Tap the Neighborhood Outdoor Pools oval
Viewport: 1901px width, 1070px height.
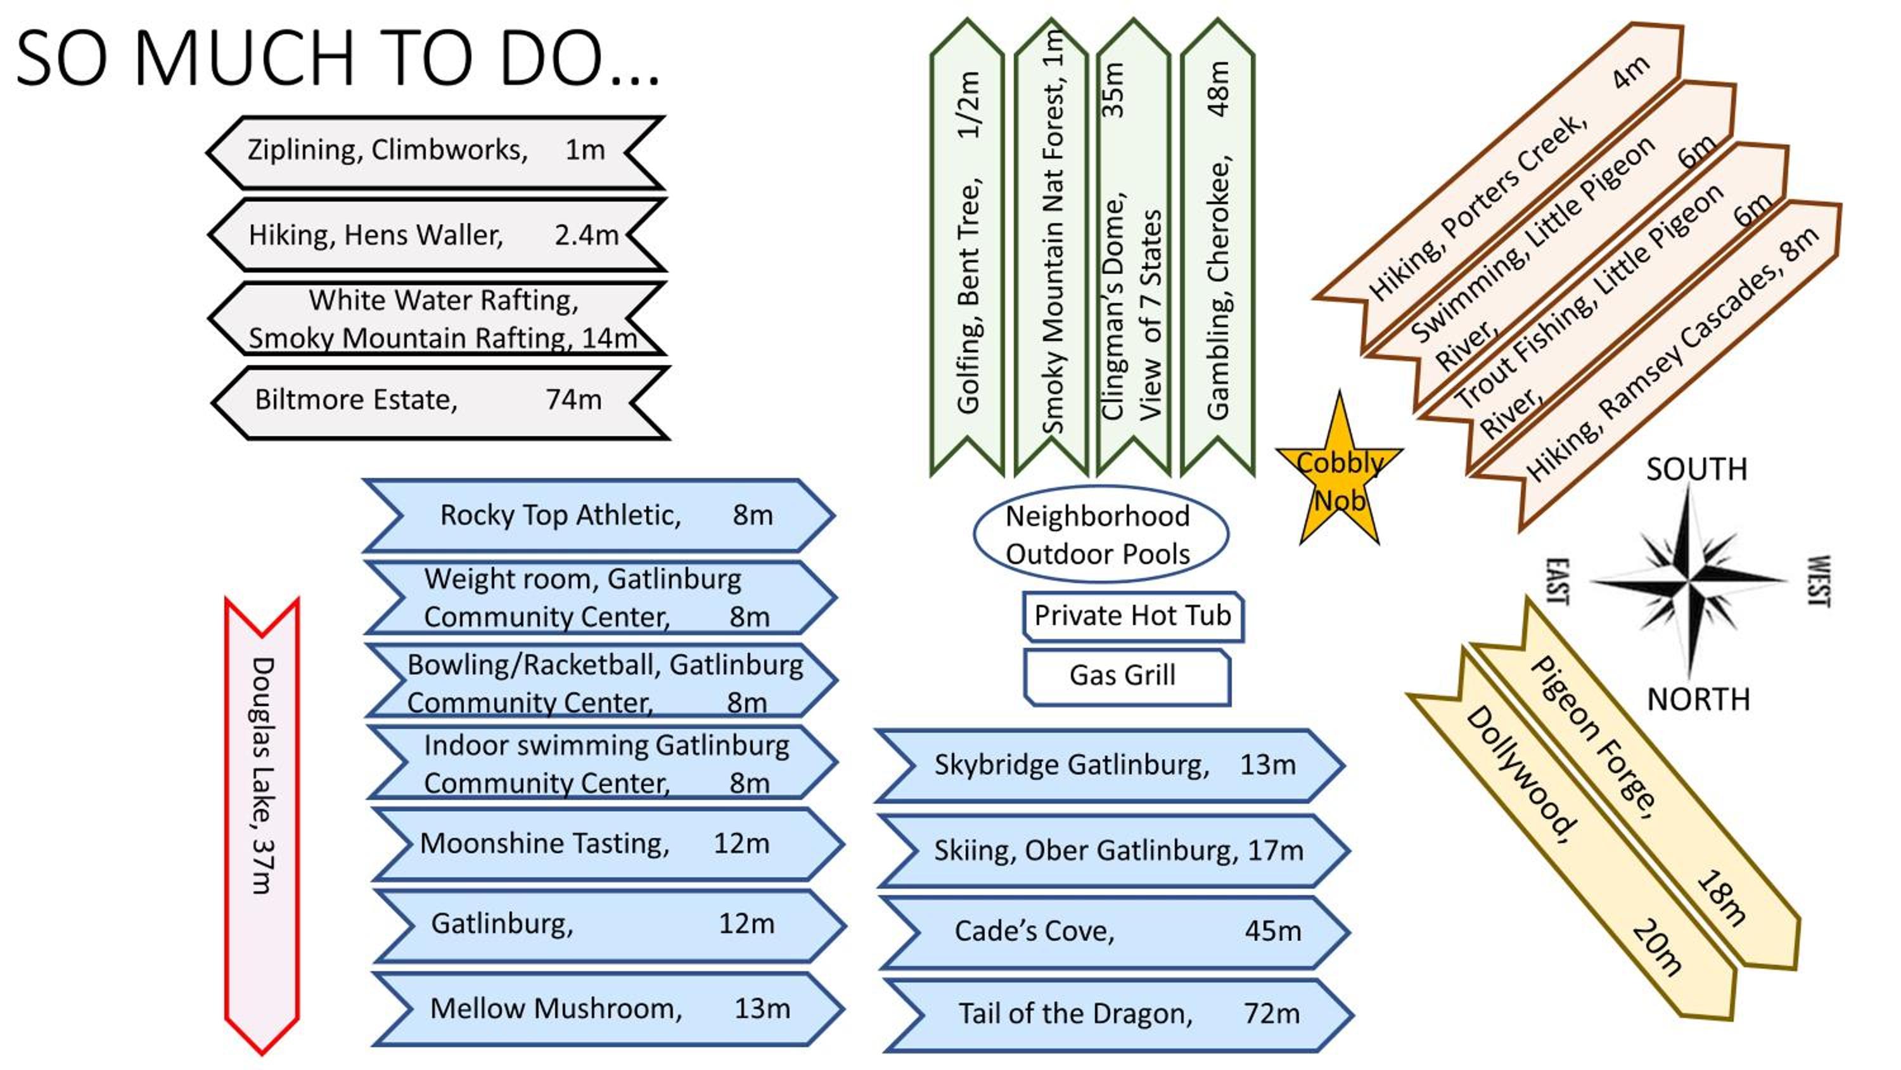[1100, 534]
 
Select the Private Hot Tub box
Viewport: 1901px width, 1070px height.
[1133, 616]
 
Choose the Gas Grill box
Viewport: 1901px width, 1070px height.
[1127, 676]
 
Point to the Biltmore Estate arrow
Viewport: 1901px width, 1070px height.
[440, 403]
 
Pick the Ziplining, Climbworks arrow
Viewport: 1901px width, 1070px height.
[436, 152]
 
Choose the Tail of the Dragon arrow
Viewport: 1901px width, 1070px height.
[1118, 1015]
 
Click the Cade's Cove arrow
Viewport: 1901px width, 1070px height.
[1115, 932]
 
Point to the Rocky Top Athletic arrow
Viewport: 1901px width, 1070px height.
[598, 515]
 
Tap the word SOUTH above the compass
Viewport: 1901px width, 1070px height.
[1696, 470]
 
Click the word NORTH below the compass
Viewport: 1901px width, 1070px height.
[1699, 699]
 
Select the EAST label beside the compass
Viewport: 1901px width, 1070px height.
[1558, 581]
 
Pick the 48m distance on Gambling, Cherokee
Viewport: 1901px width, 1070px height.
[1219, 89]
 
